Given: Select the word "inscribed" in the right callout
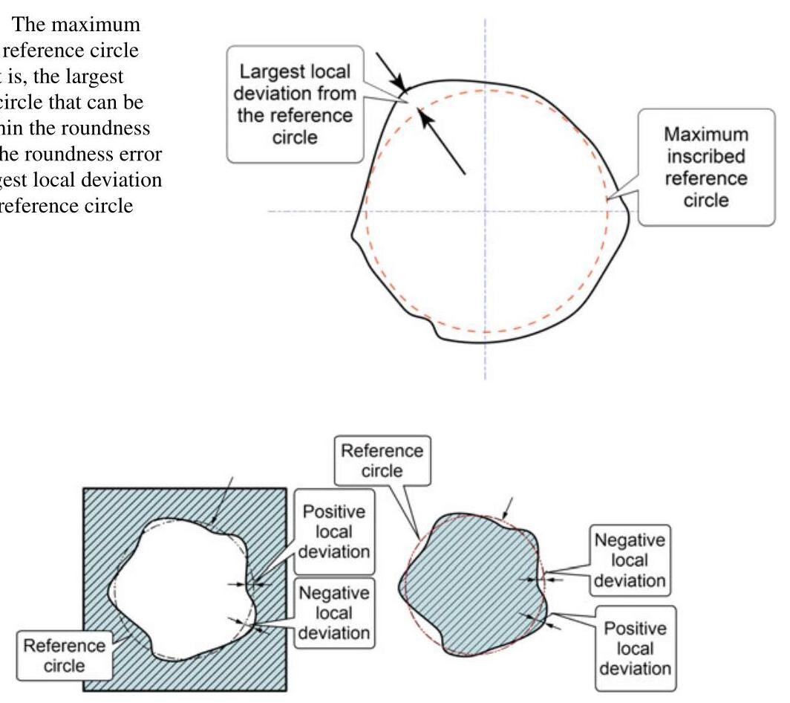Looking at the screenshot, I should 705,158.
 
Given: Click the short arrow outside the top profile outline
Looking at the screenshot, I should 391,71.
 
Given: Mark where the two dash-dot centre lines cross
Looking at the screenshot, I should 485,211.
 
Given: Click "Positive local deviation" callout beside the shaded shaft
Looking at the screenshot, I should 636,648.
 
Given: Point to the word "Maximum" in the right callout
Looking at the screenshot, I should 705,137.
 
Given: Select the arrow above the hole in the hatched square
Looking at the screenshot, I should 225,494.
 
